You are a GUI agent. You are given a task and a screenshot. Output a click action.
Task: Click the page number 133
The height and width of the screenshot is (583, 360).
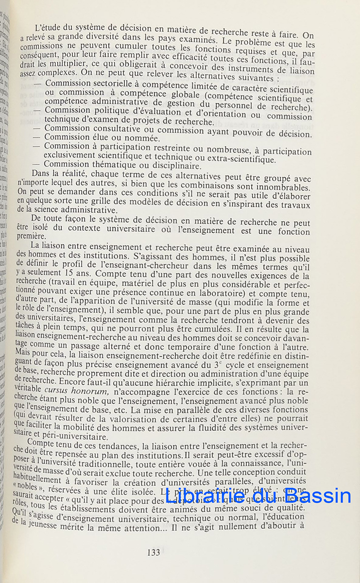pos(153,552)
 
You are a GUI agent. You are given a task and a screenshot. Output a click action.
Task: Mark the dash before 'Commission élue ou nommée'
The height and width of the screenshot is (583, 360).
pos(37,137)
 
